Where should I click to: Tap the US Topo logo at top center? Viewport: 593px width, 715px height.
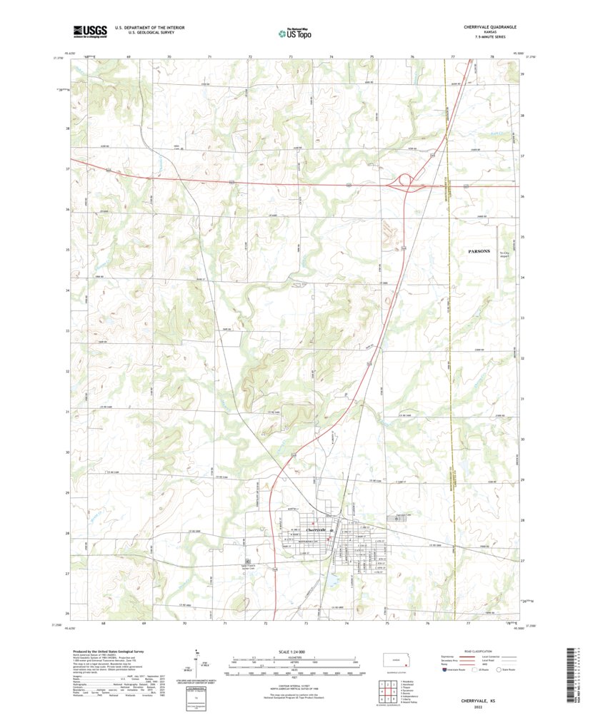click(x=295, y=31)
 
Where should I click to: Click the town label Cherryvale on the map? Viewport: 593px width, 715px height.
click(x=315, y=529)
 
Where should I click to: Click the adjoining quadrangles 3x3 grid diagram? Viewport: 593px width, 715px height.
click(x=385, y=692)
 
